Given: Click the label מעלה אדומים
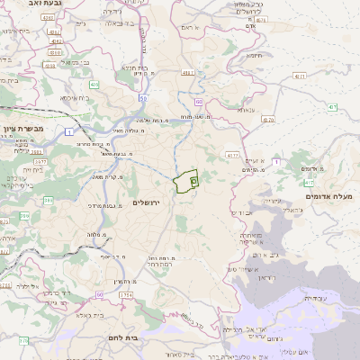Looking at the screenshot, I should tap(331, 196).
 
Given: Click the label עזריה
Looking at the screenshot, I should tap(316, 298).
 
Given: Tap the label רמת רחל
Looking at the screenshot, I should tap(158, 266).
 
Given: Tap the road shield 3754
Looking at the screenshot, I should tap(126, 294).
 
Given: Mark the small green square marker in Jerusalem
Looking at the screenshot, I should tap(194, 182).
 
